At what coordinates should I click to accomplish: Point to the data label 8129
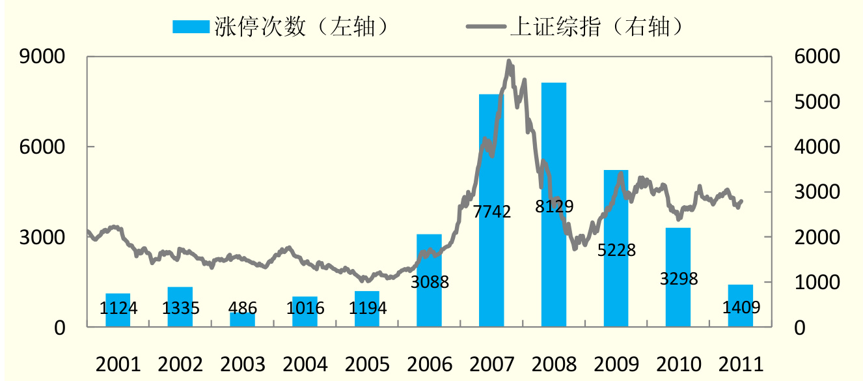pos(554,207)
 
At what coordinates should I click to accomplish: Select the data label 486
pos(242,307)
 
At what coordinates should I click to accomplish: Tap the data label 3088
pos(430,283)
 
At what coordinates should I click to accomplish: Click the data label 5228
pos(616,250)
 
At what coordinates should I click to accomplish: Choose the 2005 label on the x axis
pos(367,363)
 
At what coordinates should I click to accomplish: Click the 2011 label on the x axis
pos(741,363)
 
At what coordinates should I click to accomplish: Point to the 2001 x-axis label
pos(118,363)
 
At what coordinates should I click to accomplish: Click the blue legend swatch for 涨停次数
pos(191,26)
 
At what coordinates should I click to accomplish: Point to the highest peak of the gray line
pos(508,62)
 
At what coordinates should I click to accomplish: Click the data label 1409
pos(741,306)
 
